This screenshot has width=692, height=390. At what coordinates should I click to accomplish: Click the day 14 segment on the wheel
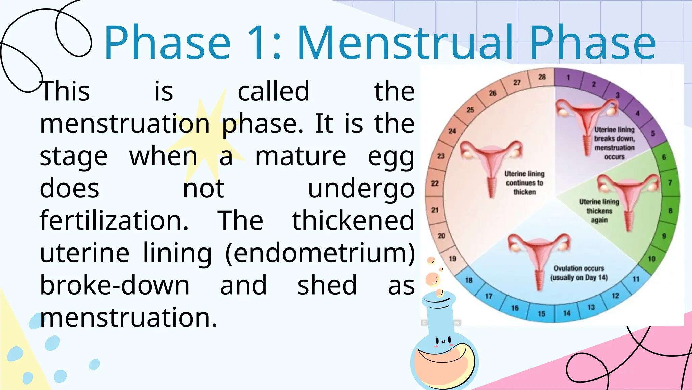pyautogui.click(x=567, y=313)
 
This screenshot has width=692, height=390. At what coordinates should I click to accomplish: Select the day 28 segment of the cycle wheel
pyautogui.click(x=542, y=77)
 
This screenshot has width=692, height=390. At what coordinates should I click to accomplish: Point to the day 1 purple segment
pyautogui.click(x=568, y=78)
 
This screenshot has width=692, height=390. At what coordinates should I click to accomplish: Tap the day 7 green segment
pyautogui.click(x=670, y=183)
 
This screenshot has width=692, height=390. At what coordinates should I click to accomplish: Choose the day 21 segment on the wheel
pyautogui.click(x=435, y=210)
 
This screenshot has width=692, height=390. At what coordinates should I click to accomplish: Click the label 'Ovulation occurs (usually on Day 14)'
pyautogui.click(x=578, y=273)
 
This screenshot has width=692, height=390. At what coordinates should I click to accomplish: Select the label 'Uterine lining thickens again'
pyautogui.click(x=599, y=211)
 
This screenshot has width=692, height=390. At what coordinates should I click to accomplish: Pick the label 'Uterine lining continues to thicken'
pyautogui.click(x=524, y=183)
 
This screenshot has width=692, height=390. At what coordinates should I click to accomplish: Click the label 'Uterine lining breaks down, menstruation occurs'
pyautogui.click(x=614, y=143)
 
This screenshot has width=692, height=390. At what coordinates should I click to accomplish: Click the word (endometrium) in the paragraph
pyautogui.click(x=320, y=253)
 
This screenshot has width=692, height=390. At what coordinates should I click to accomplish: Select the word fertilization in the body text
pyautogui.click(x=114, y=221)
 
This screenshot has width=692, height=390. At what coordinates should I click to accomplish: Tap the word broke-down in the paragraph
pyautogui.click(x=115, y=285)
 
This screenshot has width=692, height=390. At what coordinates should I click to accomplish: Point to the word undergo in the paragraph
pyautogui.click(x=361, y=189)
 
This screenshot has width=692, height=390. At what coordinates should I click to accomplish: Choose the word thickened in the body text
pyautogui.click(x=353, y=221)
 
